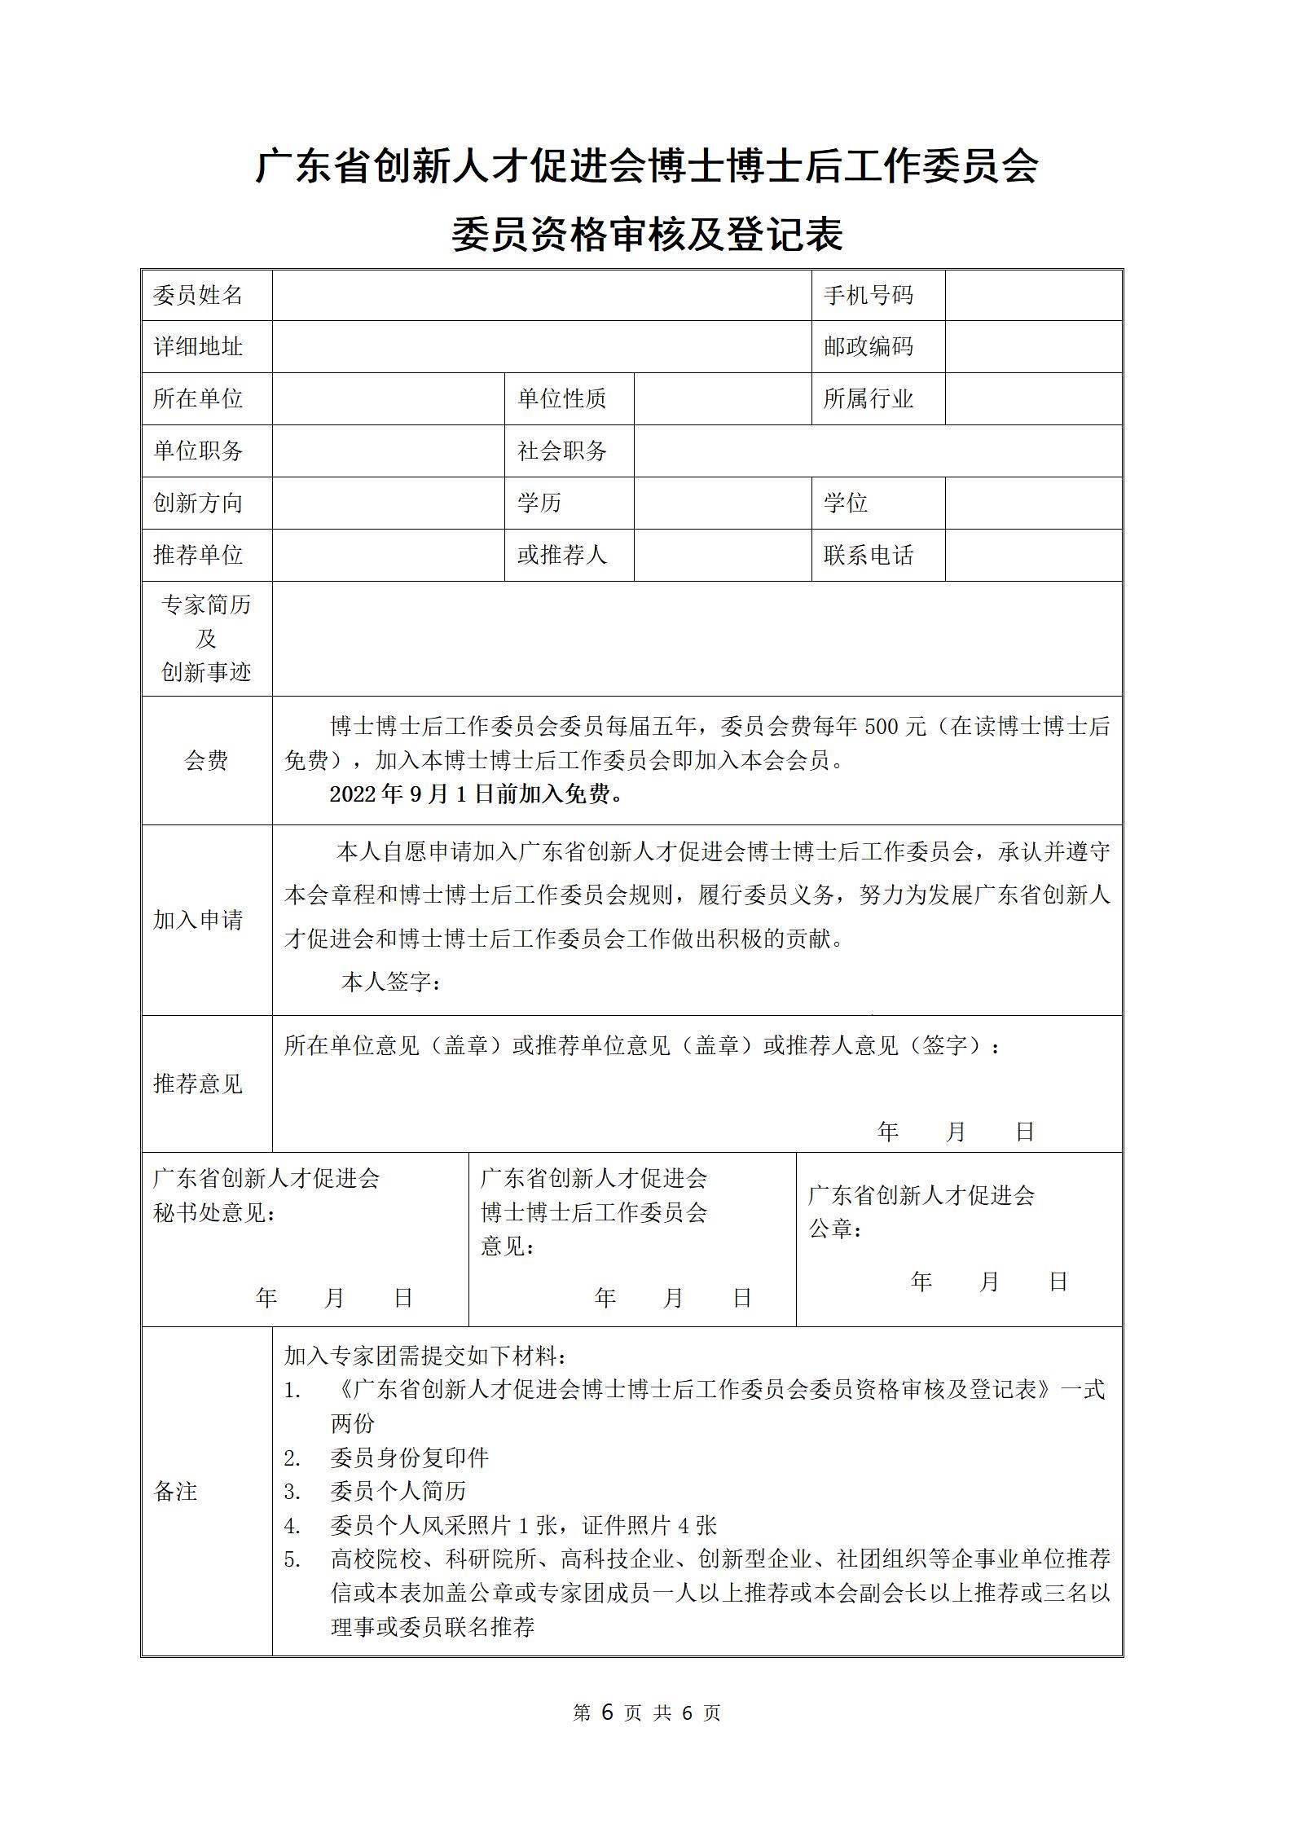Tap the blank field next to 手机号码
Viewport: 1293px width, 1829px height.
click(x=1033, y=295)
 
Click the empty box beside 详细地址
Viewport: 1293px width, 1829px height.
click(x=541, y=346)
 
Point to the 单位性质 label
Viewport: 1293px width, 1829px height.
click(x=562, y=398)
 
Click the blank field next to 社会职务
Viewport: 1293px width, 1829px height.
click(x=877, y=451)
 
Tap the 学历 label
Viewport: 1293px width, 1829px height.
click(x=539, y=503)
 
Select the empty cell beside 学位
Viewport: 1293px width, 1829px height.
click(x=1033, y=503)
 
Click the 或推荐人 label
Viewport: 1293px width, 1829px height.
click(x=562, y=555)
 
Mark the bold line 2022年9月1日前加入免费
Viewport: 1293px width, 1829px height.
click(x=477, y=794)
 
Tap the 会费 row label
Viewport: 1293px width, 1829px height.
click(x=206, y=760)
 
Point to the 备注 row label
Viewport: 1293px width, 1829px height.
click(x=176, y=1491)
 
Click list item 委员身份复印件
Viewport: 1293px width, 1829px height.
click(x=409, y=1457)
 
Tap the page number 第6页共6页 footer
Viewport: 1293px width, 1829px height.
click(x=647, y=1712)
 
